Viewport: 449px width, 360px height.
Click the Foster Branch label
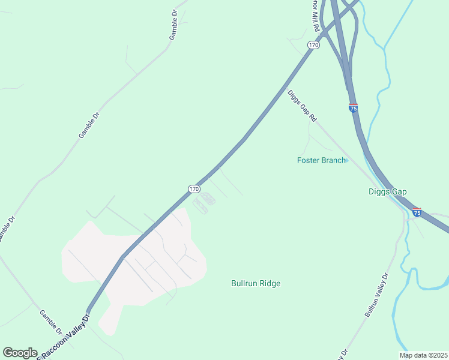pos(321,160)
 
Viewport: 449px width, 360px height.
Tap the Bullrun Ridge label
pos(256,283)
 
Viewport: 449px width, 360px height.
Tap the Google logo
pos(20,353)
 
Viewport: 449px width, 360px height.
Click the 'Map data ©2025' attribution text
pos(423,355)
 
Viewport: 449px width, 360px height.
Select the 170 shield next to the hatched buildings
pos(193,188)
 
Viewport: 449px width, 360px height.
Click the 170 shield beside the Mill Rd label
pos(313,45)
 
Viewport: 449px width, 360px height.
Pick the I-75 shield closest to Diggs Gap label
pos(417,212)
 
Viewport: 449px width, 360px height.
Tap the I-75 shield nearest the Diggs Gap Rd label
pos(354,108)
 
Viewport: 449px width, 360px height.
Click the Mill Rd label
pos(313,21)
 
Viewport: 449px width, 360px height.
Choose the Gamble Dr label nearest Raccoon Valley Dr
pos(51,322)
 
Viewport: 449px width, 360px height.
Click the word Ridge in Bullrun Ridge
pos(270,283)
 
